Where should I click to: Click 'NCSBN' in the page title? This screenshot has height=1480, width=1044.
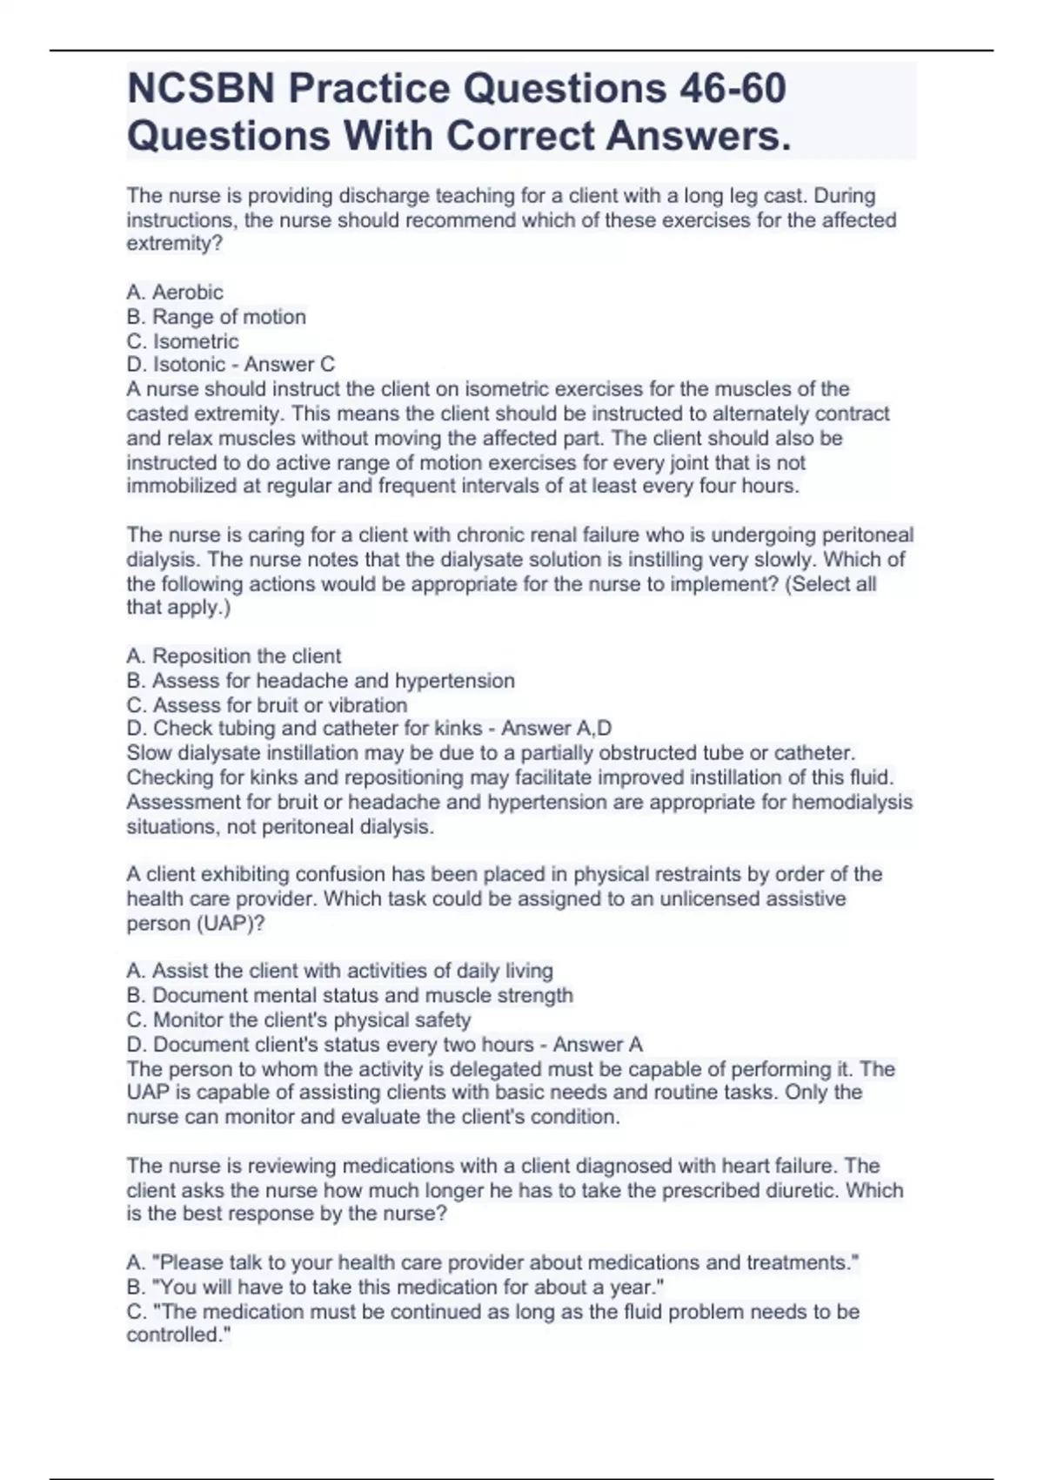[x=201, y=88]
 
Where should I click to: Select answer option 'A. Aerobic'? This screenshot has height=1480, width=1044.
[x=175, y=293]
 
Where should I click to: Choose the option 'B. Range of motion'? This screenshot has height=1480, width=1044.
[x=216, y=317]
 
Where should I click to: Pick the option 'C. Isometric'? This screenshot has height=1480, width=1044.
[x=182, y=341]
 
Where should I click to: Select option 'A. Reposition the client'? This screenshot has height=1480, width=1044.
[x=233, y=656]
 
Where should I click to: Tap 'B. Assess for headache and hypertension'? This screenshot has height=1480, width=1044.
[x=320, y=681]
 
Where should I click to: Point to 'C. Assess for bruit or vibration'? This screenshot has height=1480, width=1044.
[x=266, y=705]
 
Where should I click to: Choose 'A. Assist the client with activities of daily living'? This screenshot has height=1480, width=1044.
[x=339, y=971]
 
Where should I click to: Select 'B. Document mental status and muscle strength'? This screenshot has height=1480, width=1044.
[x=350, y=995]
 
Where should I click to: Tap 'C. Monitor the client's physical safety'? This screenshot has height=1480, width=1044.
[x=298, y=1020]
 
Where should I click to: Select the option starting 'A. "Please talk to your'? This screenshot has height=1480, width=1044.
[x=492, y=1262]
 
